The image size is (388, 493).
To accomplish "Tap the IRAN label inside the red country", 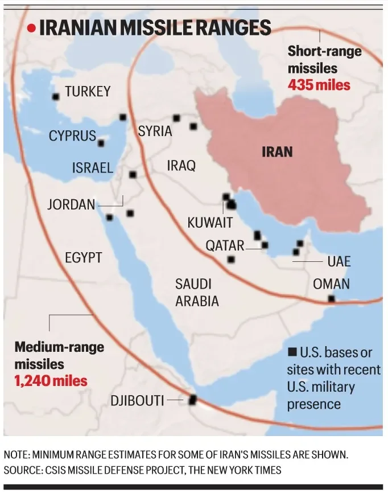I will [277, 151].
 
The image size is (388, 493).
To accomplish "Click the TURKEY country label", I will [88, 91].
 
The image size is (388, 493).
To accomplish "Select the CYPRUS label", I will [72, 135].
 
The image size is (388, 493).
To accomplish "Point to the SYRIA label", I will [155, 131].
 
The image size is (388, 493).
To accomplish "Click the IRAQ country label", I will [181, 166].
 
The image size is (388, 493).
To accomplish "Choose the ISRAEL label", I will [93, 167].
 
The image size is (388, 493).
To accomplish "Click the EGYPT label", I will [83, 257].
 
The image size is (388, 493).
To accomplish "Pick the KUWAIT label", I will [210, 222].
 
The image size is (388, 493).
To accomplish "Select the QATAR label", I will [225, 245].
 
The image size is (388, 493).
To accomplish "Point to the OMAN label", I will [331, 284].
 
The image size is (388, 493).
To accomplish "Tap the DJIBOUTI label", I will [138, 401].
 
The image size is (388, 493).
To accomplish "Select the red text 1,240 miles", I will [52, 380].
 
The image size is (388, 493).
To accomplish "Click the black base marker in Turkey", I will [56, 97].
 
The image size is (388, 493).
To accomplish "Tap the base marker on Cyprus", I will [101, 143].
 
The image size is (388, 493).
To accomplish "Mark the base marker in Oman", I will [331, 298].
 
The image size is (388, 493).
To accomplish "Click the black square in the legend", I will [292, 352].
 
